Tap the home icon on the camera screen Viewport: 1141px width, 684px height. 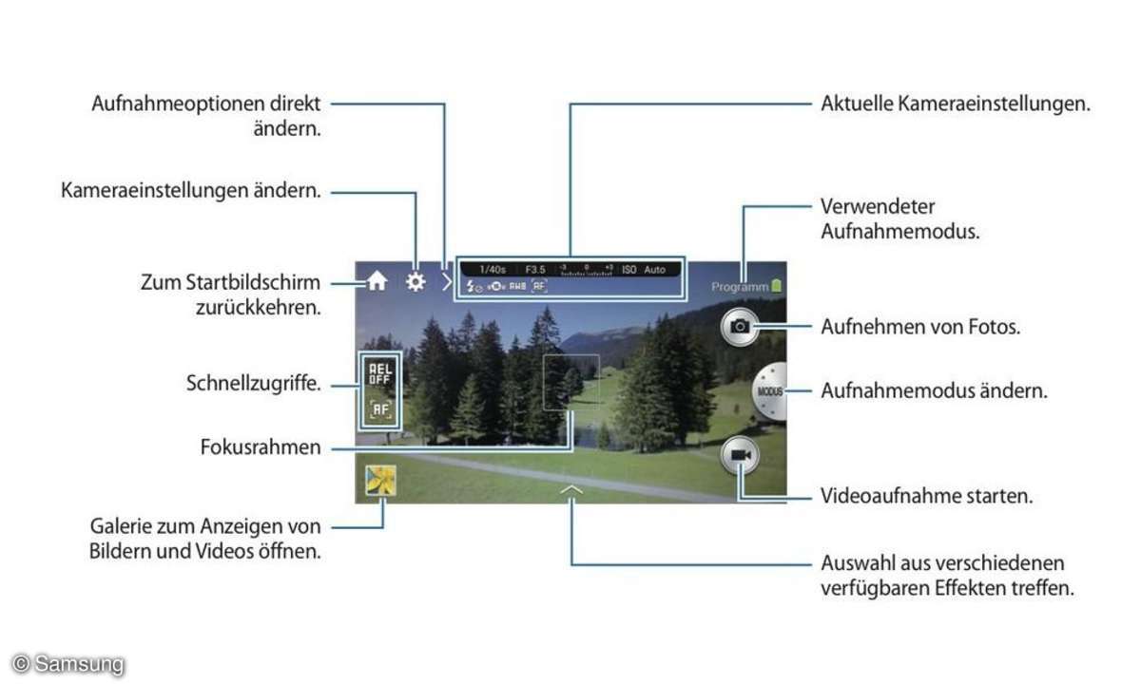tap(377, 281)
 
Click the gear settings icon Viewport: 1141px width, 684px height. tap(416, 281)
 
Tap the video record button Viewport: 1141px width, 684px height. tap(741, 457)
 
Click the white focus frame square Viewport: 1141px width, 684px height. tap(571, 382)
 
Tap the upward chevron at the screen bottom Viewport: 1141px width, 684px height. tap(570, 488)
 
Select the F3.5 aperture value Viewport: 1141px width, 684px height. tap(535, 270)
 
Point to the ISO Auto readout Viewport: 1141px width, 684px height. tap(644, 270)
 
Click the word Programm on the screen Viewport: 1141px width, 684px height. tap(738, 286)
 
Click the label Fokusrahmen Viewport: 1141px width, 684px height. tap(261, 447)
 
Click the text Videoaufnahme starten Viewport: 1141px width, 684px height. tap(926, 496)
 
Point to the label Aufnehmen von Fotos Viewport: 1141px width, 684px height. tap(919, 327)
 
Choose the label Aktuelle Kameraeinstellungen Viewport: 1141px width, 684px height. tap(955, 104)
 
